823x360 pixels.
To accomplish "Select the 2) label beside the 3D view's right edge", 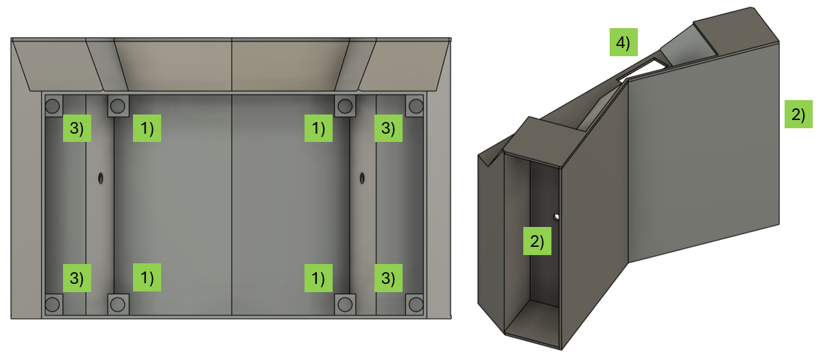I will [x=798, y=114].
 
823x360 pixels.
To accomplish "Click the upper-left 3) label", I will [x=77, y=128].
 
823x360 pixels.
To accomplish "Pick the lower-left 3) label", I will [x=77, y=278].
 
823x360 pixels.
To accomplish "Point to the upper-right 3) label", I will [x=388, y=128].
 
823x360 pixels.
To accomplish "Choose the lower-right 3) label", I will [x=388, y=278].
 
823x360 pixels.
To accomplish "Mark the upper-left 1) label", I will [x=147, y=128].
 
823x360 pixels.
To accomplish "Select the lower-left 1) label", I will [x=147, y=278].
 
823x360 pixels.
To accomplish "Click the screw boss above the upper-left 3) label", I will [x=53, y=106].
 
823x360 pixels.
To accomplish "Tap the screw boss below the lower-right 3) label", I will [x=414, y=304].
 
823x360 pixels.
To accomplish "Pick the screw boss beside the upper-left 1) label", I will [x=118, y=106].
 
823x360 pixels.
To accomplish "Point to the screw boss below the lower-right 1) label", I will [x=344, y=304].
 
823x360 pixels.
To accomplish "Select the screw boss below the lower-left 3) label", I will [x=53, y=304].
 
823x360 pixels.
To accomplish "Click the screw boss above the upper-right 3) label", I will [x=414, y=106].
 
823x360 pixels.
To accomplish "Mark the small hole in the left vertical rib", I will [x=101, y=178].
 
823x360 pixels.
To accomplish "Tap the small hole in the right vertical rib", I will [x=362, y=178].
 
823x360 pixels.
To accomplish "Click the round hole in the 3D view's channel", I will [x=557, y=217].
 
